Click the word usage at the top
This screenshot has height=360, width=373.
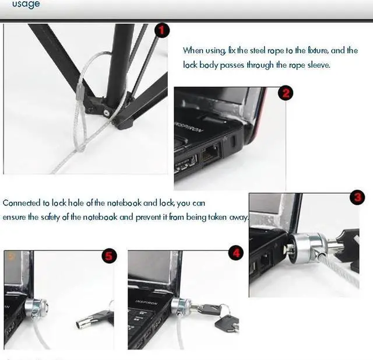click(26, 4)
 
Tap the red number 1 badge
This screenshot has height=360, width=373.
click(162, 30)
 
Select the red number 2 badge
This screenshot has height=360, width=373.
click(286, 93)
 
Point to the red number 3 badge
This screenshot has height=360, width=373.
click(357, 197)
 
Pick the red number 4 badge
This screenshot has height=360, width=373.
click(235, 253)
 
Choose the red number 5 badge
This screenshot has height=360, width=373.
click(109, 256)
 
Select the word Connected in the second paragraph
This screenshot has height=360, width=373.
click(22, 203)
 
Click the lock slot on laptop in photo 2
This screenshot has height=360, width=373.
click(233, 141)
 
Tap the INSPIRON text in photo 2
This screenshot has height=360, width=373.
click(189, 127)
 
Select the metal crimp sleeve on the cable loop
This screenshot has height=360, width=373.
click(79, 93)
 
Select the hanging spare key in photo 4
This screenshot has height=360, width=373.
click(227, 324)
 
